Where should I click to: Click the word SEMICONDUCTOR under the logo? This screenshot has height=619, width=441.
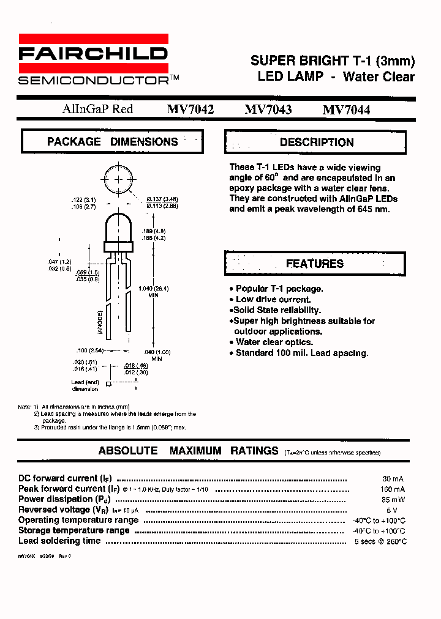(x=93, y=80)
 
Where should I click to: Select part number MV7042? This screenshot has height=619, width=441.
(x=190, y=110)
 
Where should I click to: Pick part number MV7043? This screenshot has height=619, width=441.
(x=268, y=110)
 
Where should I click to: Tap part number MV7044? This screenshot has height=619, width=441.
(x=346, y=110)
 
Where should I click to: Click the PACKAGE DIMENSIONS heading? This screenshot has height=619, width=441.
(x=112, y=141)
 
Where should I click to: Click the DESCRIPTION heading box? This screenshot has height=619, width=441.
(x=316, y=142)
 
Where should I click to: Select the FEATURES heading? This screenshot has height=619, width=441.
(x=315, y=264)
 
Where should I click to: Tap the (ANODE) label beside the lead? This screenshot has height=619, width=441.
(x=100, y=321)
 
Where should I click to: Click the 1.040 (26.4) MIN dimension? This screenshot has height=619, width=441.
(x=153, y=291)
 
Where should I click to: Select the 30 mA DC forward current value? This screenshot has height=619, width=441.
(x=393, y=479)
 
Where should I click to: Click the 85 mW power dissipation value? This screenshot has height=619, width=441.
(x=393, y=500)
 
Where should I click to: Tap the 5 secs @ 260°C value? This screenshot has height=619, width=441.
(x=380, y=541)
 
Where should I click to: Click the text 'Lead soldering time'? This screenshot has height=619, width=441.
(x=59, y=541)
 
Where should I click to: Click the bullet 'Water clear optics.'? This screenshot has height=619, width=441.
(x=274, y=342)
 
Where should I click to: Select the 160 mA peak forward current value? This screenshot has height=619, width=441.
(x=392, y=489)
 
